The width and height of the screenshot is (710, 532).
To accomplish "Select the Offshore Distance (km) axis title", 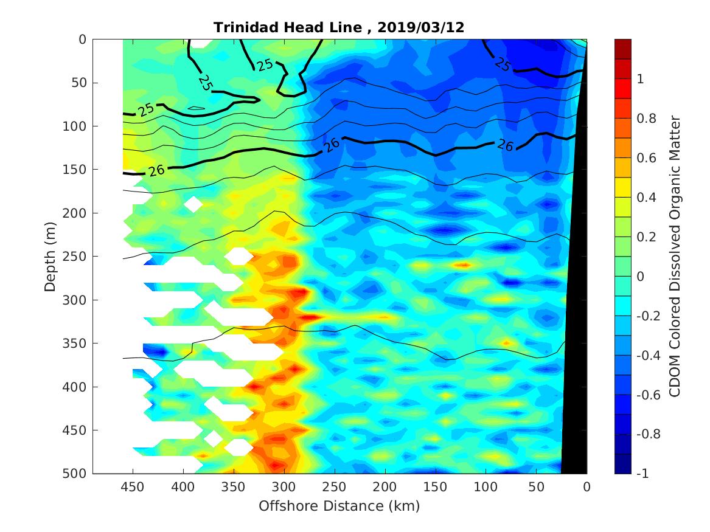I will pyautogui.click(x=339, y=506).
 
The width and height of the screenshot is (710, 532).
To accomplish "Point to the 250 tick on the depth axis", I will pyautogui.click(x=77, y=257).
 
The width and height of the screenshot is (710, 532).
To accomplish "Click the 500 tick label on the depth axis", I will pyautogui.click(x=77, y=474).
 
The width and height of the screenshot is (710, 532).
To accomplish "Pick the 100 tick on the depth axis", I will pyautogui.click(x=77, y=126).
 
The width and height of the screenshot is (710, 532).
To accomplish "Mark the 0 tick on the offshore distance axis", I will pyautogui.click(x=586, y=487).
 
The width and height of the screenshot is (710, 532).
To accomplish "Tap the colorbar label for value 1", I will pyautogui.click(x=641, y=80).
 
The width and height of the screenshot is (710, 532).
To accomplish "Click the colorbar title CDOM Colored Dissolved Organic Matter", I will pyautogui.click(x=675, y=256).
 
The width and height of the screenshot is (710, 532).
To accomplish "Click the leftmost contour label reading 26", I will pyautogui.click(x=156, y=171).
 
